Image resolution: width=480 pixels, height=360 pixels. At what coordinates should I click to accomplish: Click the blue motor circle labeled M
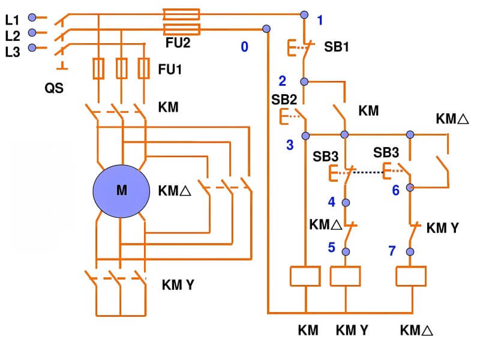click(121, 191)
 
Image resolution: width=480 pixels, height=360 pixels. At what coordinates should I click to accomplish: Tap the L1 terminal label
click(12, 19)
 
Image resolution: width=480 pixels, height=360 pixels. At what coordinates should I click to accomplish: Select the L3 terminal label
click(12, 52)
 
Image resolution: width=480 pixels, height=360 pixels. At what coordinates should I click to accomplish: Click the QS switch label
click(53, 88)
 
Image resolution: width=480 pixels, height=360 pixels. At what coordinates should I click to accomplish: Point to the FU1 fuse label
click(170, 70)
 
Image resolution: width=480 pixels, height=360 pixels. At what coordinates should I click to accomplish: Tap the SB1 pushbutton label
click(337, 46)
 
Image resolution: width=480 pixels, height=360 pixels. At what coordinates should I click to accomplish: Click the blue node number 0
click(244, 47)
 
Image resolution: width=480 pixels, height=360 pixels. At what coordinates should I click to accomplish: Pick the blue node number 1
click(320, 20)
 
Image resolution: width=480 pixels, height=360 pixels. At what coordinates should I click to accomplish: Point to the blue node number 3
click(290, 145)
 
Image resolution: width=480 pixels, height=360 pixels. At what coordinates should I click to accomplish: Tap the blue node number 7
click(392, 251)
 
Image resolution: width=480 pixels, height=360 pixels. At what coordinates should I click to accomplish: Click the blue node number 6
click(395, 190)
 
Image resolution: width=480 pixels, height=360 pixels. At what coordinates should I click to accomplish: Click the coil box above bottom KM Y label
click(346, 275)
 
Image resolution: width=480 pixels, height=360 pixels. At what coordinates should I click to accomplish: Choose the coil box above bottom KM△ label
click(411, 275)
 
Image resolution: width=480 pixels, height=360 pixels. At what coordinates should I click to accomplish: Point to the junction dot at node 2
click(304, 81)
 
